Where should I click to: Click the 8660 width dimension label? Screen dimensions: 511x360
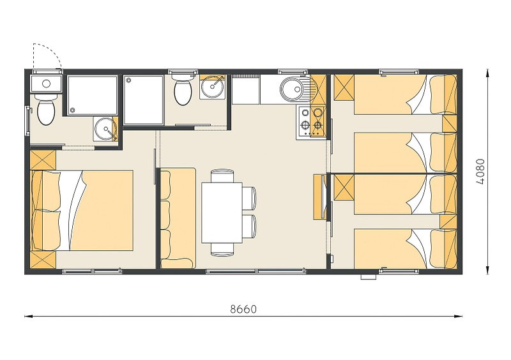point(243,309)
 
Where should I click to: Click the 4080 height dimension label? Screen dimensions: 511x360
point(481,172)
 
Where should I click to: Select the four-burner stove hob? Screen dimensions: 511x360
point(311,122)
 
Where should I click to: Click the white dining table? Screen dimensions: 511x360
point(222,213)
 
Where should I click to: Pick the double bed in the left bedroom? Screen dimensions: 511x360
point(82,210)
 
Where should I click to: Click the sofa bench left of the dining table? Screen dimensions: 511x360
point(178,218)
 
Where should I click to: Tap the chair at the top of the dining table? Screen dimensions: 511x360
point(222,176)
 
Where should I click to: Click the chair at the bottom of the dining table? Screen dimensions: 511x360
point(222,250)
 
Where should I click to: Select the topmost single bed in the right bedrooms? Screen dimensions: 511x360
point(405,94)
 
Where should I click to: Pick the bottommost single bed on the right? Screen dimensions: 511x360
point(405,248)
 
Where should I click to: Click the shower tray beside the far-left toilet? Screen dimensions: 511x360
point(93,95)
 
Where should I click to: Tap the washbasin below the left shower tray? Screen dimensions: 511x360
point(105,129)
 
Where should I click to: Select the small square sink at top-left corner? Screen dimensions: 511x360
point(46,84)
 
